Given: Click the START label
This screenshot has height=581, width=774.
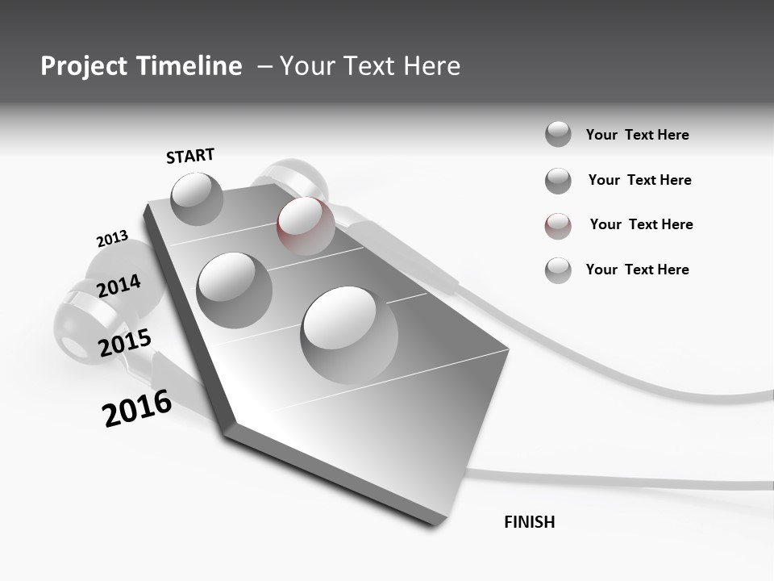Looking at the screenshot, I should point(190,156).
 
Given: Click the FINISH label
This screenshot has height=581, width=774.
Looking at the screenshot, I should point(529,522).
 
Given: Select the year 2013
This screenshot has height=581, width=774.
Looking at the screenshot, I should point(112,239).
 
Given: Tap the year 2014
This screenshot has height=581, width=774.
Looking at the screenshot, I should point(119,286).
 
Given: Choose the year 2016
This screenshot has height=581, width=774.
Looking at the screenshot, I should point(137,408).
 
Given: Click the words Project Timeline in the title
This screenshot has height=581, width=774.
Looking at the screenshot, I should point(141,66).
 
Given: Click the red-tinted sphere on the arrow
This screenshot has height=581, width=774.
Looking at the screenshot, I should point(306,225).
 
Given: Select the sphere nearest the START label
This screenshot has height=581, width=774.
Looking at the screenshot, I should point(197,199).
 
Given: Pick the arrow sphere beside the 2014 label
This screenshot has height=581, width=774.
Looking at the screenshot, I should point(234,290).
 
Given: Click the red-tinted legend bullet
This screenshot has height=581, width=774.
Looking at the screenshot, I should point(558,226).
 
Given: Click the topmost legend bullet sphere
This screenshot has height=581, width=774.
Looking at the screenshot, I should point(558,134).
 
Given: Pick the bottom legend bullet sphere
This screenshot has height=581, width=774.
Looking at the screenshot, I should point(558,270).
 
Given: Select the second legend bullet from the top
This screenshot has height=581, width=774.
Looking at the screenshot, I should point(558,181).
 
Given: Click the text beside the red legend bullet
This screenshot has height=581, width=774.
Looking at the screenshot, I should point(641,224).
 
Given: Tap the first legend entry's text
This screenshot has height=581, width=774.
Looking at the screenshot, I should point(637,135).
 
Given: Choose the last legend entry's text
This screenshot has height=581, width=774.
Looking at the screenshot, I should point(637,270).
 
